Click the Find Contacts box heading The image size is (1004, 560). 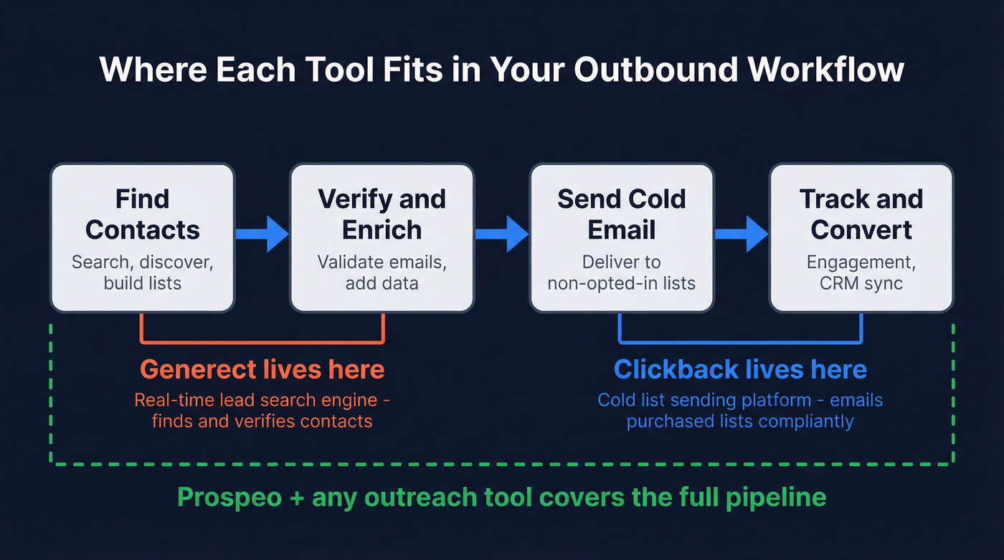point(143,214)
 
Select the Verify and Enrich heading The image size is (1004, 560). point(382,214)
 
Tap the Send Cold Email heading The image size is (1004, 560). point(621,214)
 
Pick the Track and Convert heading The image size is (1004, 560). point(861,214)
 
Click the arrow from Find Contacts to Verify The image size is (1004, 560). point(262,234)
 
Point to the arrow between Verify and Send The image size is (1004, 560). point(501,234)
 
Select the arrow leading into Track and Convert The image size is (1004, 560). point(741,234)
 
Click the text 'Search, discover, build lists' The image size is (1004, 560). point(143,272)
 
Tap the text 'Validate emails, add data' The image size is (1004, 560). point(382,272)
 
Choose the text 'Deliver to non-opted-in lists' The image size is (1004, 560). point(621,272)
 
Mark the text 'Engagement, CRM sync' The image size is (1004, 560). point(861,272)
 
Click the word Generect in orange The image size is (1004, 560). point(197,369)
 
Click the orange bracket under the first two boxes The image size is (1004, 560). point(262,342)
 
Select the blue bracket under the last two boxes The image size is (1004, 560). point(740,342)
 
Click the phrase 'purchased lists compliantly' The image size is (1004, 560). point(740,421)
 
